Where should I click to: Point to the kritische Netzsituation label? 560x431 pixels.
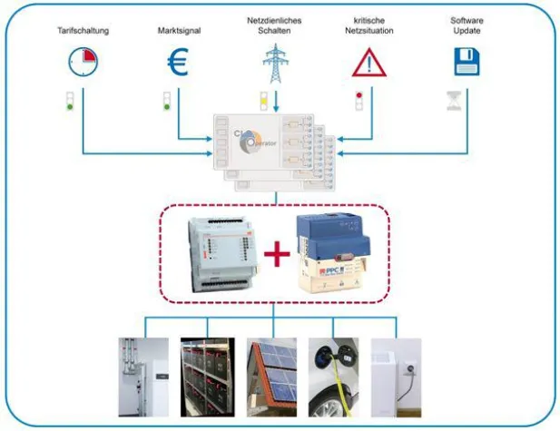[369, 24]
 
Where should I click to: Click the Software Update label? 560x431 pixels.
[467, 24]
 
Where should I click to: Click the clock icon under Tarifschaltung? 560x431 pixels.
[82, 62]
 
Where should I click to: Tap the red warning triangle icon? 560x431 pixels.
[368, 63]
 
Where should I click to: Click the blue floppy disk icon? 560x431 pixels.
[466, 62]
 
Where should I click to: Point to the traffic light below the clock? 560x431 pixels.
[69, 100]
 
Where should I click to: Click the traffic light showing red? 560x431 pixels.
[359, 100]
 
